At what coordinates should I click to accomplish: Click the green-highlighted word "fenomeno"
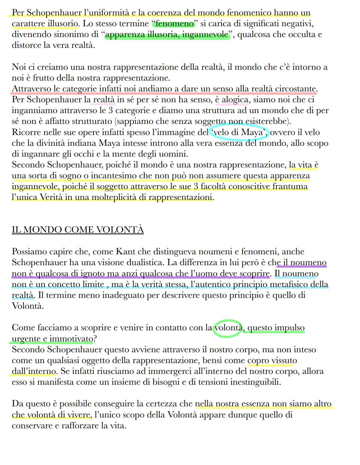(x=175, y=24)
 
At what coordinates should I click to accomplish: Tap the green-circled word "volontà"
(x=228, y=328)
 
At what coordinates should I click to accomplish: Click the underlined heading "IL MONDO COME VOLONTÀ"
(x=78, y=230)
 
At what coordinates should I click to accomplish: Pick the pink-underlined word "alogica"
(x=235, y=100)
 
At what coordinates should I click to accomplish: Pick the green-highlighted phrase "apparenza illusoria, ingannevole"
(x=167, y=35)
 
